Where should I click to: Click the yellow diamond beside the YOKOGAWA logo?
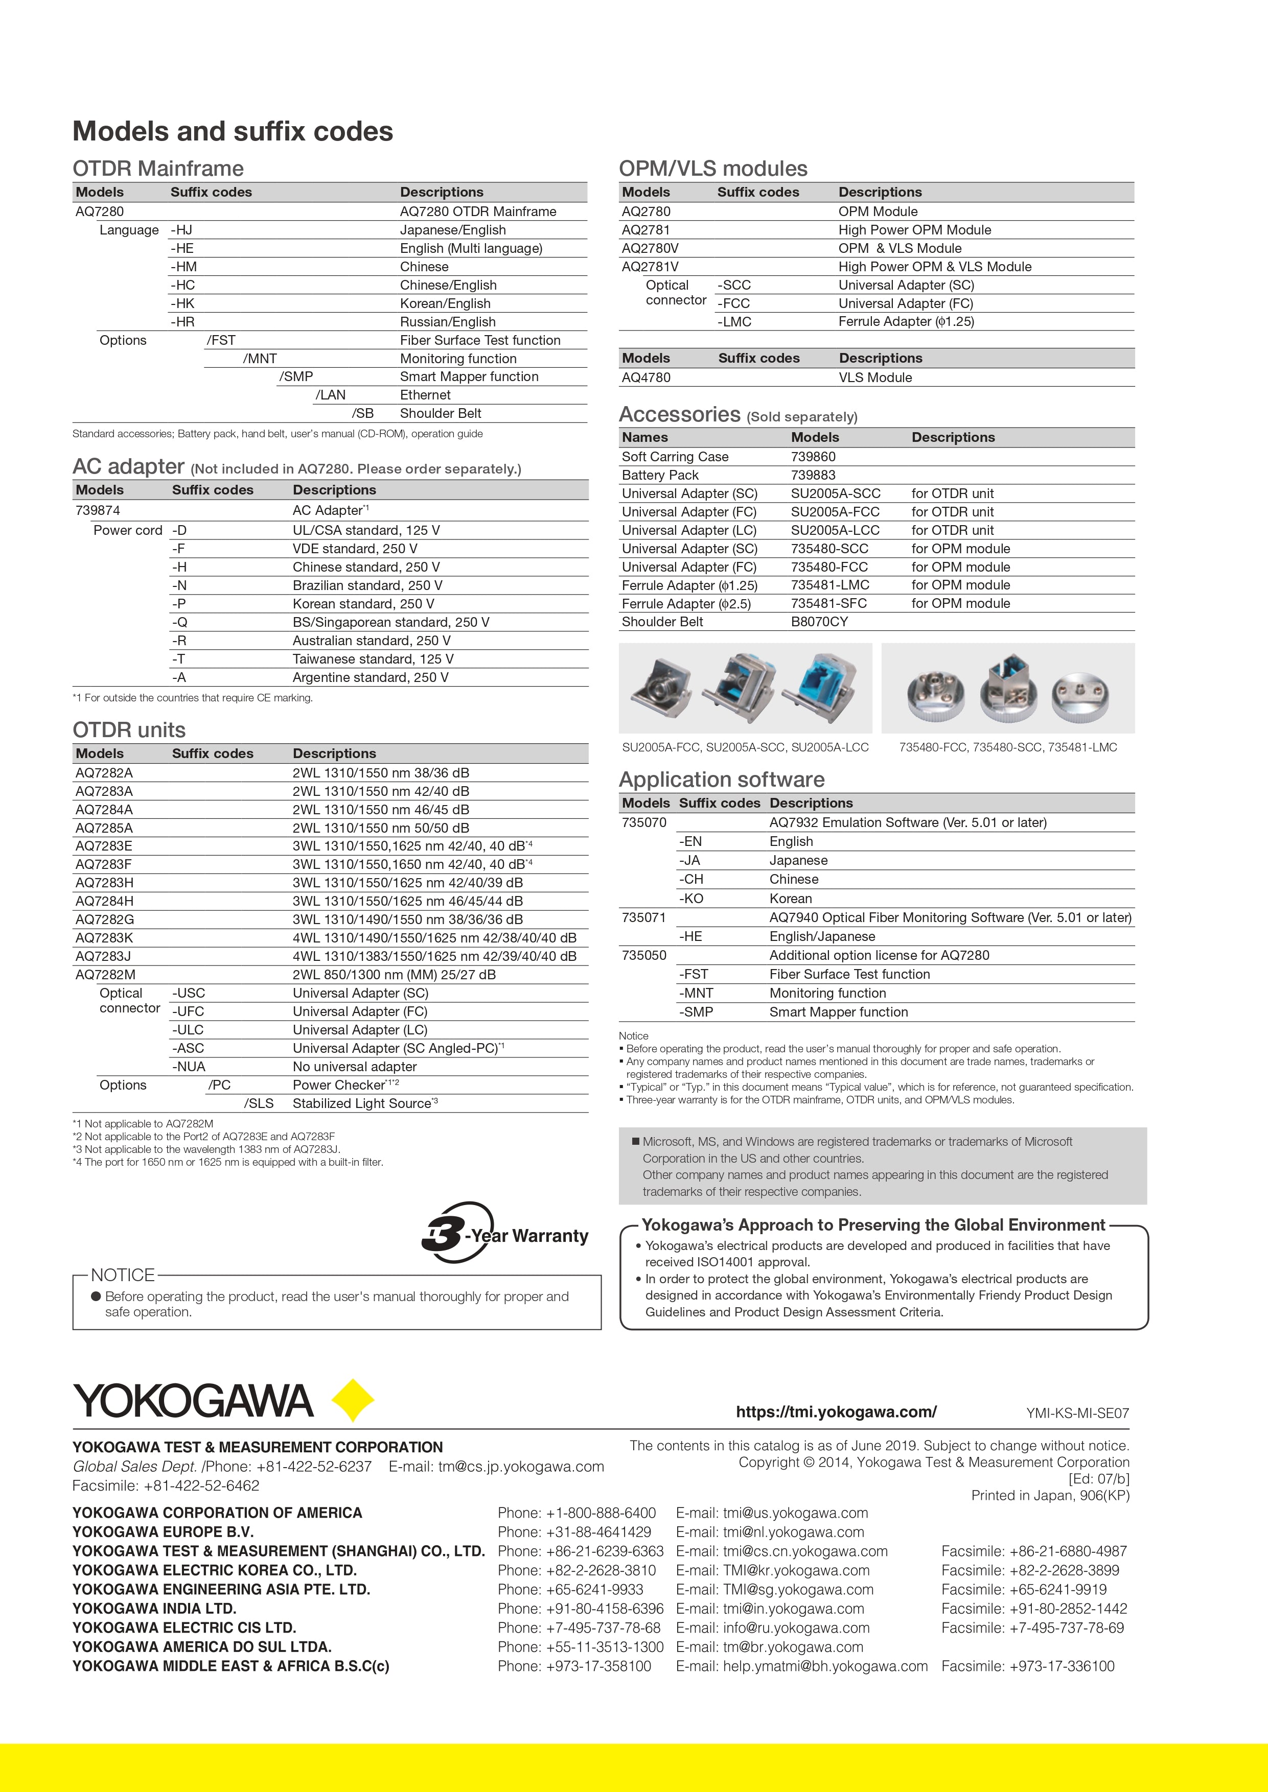pyautogui.click(x=353, y=1400)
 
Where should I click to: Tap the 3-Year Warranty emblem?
pyautogui.click(x=503, y=1233)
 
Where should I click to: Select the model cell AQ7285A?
pyautogui.click(x=104, y=828)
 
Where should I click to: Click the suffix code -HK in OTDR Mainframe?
pyautogui.click(x=182, y=303)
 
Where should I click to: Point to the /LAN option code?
pyautogui.click(x=330, y=395)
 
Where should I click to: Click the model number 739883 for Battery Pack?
pyautogui.click(x=813, y=475)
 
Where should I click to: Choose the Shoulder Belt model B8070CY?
pyautogui.click(x=819, y=622)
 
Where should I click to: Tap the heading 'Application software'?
pyautogui.click(x=722, y=780)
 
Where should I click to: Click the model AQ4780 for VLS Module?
pyautogui.click(x=645, y=378)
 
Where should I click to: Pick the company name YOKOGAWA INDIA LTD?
pyautogui.click(x=154, y=1609)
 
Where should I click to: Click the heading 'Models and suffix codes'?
pyautogui.click(x=233, y=131)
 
